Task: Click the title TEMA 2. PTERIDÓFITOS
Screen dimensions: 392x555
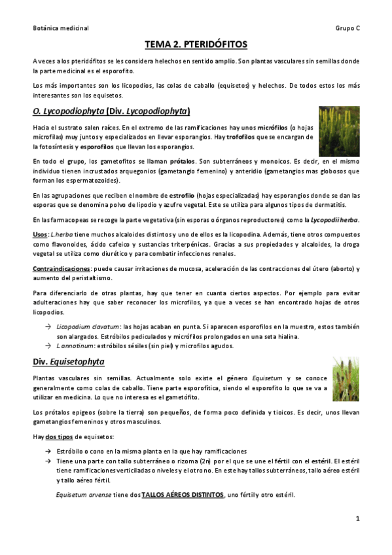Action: [x=196, y=45]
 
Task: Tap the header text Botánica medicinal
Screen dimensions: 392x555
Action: [x=60, y=28]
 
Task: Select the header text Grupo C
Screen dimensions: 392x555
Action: [x=347, y=28]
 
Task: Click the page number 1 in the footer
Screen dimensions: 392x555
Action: [x=358, y=518]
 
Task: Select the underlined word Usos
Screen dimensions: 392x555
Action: [x=39, y=235]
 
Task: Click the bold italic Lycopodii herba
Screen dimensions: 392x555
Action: [x=334, y=218]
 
